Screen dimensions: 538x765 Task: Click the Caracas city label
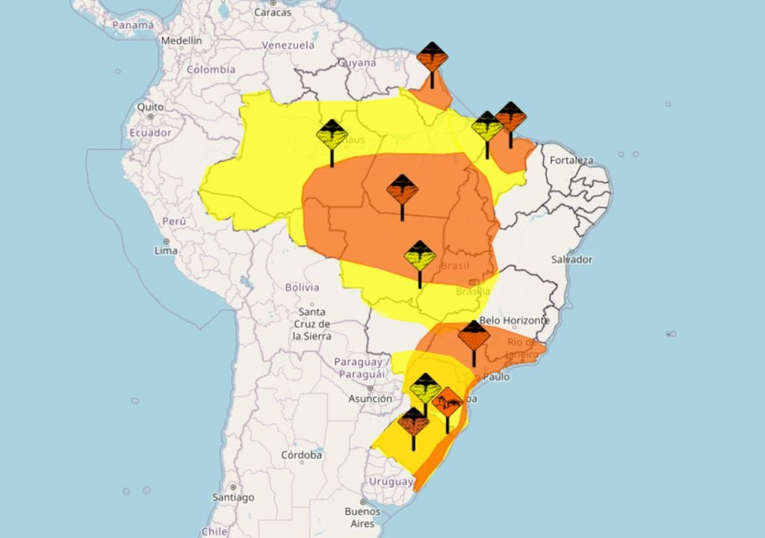[x=272, y=13]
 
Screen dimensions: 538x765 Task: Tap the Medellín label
[x=182, y=40]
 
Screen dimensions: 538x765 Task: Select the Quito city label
[x=150, y=107]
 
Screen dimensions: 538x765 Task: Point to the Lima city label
[x=166, y=250]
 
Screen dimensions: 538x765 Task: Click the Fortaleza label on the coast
[x=572, y=161]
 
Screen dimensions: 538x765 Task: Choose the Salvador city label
[x=572, y=260]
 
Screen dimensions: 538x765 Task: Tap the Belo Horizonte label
[x=515, y=321]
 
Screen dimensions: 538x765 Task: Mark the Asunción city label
[x=371, y=399]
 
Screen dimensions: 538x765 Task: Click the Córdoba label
[x=302, y=454]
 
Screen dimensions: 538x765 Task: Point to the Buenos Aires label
[x=363, y=517]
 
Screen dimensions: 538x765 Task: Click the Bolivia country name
[x=302, y=287]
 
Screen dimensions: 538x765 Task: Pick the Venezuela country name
[x=288, y=45]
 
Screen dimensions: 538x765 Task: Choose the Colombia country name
[x=211, y=69]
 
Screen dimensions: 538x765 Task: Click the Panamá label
[x=133, y=25]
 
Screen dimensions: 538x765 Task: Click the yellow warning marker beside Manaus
[x=332, y=135]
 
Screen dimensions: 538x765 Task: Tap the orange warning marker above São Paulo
[x=474, y=336]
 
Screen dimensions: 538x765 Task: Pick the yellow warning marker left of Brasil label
[x=420, y=256]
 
